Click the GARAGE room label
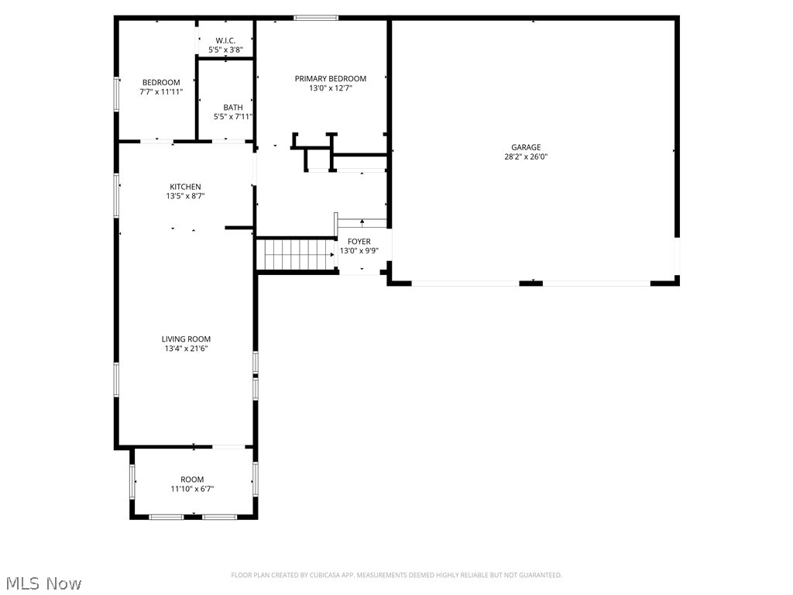tap(525, 147)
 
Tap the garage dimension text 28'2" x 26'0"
tap(525, 156)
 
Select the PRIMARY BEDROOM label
tap(331, 78)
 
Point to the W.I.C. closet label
tap(225, 40)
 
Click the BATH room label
tap(233, 108)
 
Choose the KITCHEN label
tap(185, 187)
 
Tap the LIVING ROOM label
tap(186, 339)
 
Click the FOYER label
tap(359, 242)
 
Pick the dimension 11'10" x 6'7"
tap(192, 489)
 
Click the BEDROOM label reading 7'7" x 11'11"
tap(161, 83)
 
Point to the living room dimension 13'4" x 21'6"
tap(186, 349)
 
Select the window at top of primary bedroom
tap(316, 18)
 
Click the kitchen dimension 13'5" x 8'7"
tap(185, 196)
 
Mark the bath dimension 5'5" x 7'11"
tap(233, 117)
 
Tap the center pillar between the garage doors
tap(530, 283)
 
